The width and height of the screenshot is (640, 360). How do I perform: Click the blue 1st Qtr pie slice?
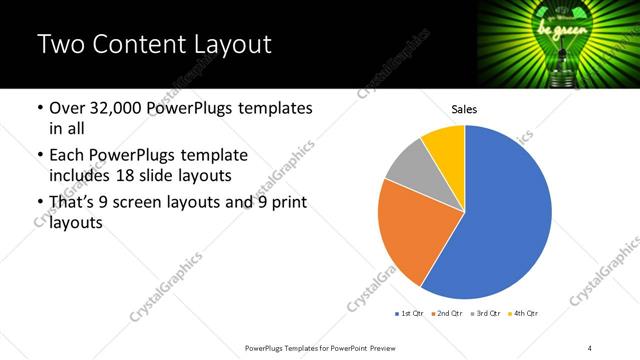click(x=505, y=220)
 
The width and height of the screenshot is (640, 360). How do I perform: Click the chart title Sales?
click(x=464, y=109)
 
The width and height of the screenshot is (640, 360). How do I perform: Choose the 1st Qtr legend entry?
click(x=411, y=313)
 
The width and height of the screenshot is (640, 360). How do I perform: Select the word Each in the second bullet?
click(x=66, y=155)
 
